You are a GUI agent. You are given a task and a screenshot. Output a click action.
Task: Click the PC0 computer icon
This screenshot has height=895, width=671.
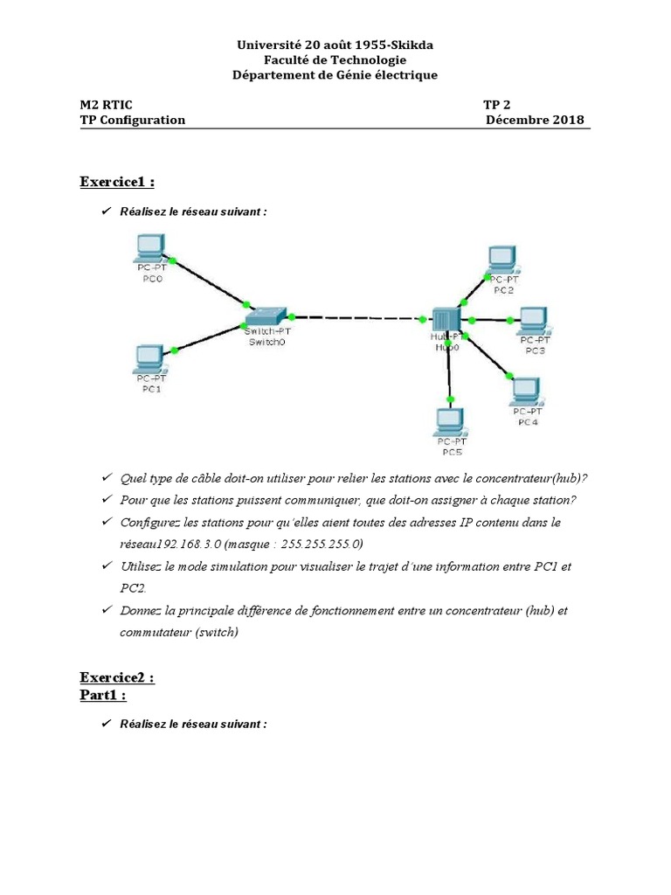click(151, 248)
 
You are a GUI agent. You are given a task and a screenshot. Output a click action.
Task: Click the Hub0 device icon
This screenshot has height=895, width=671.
click(446, 320)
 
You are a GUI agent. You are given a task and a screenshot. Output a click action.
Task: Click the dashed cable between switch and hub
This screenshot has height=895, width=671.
click(360, 316)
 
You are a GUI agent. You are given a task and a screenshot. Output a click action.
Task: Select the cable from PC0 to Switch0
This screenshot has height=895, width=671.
click(210, 282)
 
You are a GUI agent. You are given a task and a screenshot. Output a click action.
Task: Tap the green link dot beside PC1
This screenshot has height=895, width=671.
click(175, 350)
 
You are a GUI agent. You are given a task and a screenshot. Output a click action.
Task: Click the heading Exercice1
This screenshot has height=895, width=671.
click(117, 182)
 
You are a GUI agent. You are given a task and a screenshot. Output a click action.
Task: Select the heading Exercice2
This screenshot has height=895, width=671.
click(117, 677)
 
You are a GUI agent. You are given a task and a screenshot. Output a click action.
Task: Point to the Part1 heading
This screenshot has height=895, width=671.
click(103, 695)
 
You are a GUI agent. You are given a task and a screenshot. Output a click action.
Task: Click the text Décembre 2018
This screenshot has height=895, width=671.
click(535, 121)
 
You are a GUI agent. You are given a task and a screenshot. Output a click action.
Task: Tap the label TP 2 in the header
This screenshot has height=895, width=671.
click(499, 105)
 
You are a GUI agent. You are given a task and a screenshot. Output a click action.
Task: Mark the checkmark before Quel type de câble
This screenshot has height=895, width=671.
click(106, 477)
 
